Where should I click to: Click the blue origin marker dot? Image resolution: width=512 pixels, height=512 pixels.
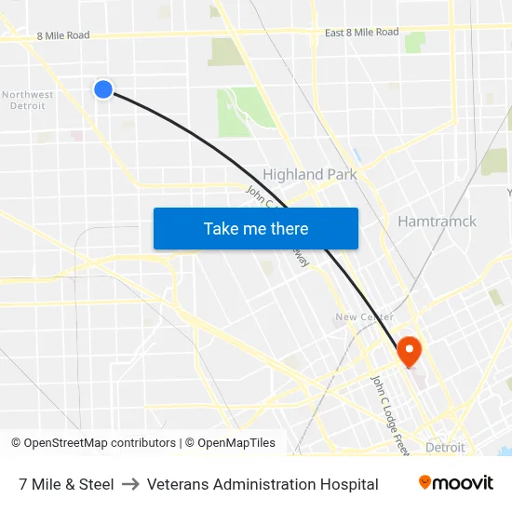tap(103, 88)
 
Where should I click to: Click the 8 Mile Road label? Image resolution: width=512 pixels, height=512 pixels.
tap(63, 35)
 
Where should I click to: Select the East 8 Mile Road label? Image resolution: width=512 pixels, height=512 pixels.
tap(361, 33)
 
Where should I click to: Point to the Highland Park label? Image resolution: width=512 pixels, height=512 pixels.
tap(309, 174)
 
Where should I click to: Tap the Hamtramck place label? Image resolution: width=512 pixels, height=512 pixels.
tap(437, 222)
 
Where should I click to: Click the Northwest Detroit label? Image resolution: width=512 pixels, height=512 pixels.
tap(27, 100)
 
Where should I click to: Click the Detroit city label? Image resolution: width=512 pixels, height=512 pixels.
tap(444, 448)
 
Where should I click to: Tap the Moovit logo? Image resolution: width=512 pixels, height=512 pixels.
tap(455, 483)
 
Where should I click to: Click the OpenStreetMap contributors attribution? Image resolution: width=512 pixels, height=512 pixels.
tap(93, 443)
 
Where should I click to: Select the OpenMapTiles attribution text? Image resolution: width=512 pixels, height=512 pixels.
tap(230, 443)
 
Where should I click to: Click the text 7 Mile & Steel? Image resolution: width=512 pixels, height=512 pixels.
tap(66, 484)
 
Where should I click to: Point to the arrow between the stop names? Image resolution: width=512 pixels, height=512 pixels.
tap(130, 484)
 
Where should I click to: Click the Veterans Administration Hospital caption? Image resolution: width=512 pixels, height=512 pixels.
tap(263, 484)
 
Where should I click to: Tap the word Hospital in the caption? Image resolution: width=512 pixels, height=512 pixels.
tap(346, 484)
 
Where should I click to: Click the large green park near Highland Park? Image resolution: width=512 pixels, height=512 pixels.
tap(244, 112)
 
